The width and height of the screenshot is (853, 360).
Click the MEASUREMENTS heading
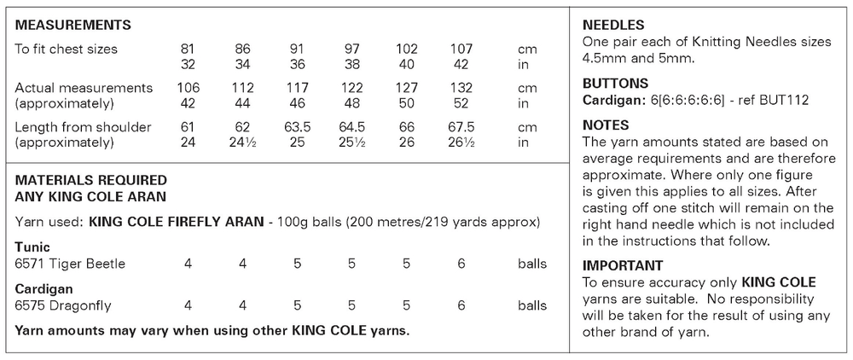pyautogui.click(x=73, y=24)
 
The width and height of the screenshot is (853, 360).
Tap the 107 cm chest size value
pyautogui.click(x=461, y=49)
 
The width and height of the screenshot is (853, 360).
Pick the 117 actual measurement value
pyautogui.click(x=298, y=88)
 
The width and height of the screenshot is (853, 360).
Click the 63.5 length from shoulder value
pyautogui.click(x=298, y=127)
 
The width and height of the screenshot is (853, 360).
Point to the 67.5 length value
pyautogui.click(x=461, y=127)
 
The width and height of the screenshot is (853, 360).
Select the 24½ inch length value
pyautogui.click(x=243, y=142)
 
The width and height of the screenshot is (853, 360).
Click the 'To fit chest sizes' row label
pyautogui.click(x=67, y=49)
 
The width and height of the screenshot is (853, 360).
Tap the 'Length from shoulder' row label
pyautogui.click(x=84, y=127)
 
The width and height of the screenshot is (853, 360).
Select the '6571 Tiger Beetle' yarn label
pyautogui.click(x=70, y=264)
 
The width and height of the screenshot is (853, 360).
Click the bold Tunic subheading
pyautogui.click(x=32, y=248)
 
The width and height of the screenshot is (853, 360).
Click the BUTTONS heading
pyautogui.click(x=615, y=84)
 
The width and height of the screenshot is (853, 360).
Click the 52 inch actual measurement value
pyautogui.click(x=461, y=102)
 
